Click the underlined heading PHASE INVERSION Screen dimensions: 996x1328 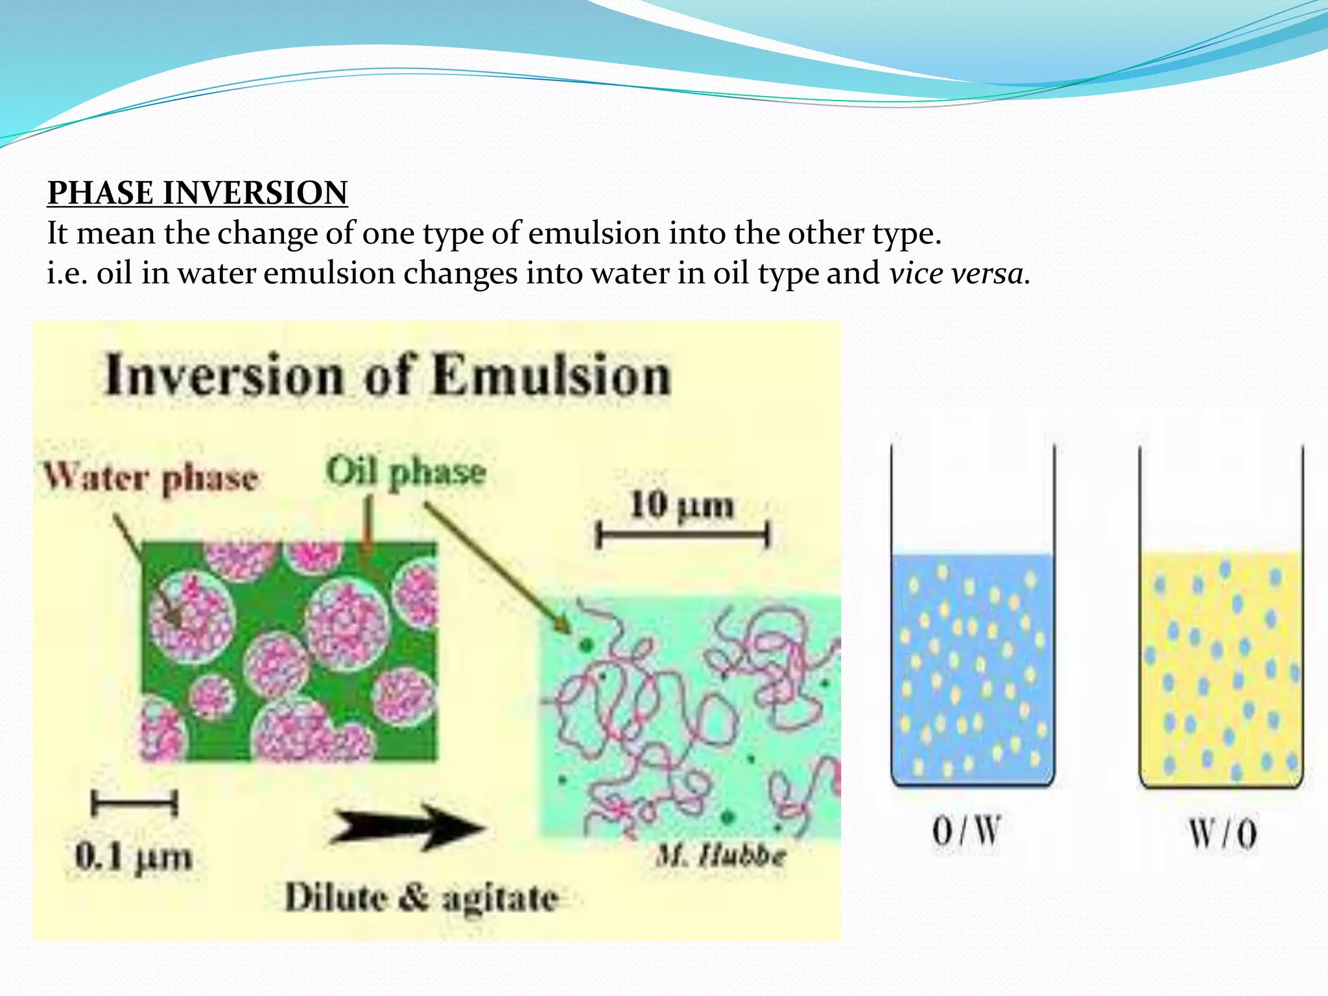point(197,193)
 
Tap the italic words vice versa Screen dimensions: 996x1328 point(958,273)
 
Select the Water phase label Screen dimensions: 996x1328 point(150,479)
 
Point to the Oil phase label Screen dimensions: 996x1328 point(405,471)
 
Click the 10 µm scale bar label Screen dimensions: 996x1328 point(682,505)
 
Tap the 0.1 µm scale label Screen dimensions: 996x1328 point(134,857)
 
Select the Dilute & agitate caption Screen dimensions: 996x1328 point(421,898)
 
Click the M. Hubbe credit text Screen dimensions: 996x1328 point(720,856)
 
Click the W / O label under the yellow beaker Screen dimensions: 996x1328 point(1222,834)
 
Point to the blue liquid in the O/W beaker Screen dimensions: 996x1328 point(972,668)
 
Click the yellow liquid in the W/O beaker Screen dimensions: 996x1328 point(1220,668)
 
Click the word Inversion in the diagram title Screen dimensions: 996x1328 point(224,375)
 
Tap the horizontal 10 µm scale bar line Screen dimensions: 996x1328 point(682,536)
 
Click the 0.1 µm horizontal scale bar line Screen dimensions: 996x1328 point(134,805)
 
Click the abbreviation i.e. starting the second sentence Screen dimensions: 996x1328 point(67,273)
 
